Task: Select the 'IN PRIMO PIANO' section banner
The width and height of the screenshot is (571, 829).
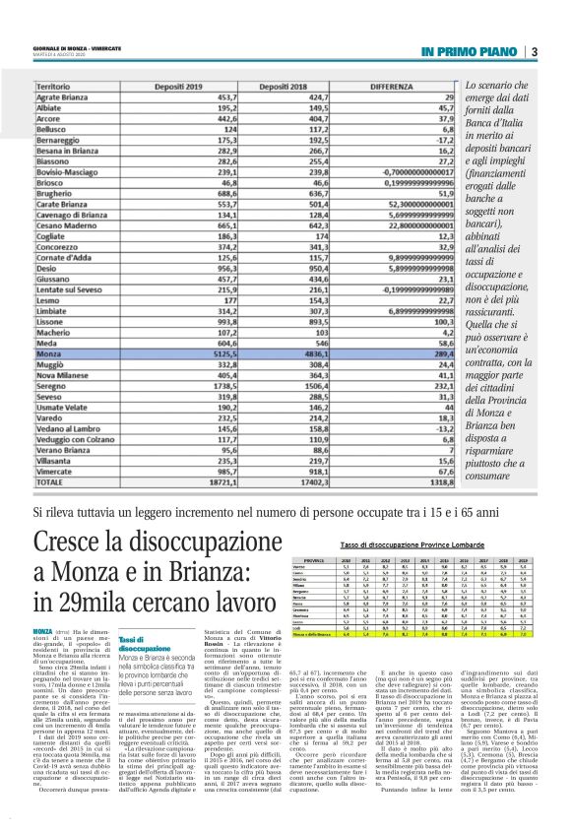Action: [469, 51]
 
